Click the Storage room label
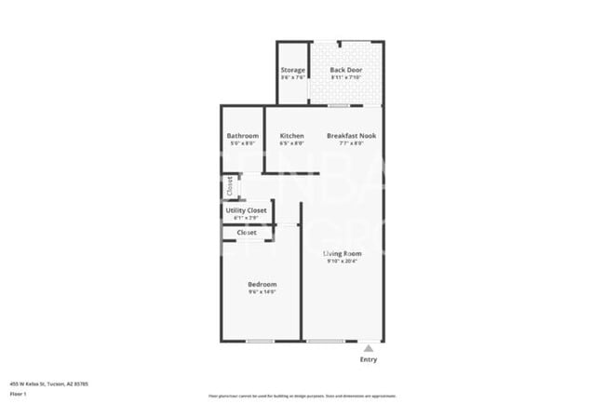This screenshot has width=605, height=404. [293, 70]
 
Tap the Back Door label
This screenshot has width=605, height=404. [346, 70]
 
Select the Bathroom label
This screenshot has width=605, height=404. [242, 136]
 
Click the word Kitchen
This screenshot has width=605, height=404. [292, 136]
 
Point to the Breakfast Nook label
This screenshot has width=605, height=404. [351, 136]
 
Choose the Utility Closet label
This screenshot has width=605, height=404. [247, 210]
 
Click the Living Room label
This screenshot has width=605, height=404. [343, 253]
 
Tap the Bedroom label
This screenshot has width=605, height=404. [262, 284]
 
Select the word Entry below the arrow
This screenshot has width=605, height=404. [369, 359]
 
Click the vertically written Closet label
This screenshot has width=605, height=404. [229, 186]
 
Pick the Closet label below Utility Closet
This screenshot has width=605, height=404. [247, 233]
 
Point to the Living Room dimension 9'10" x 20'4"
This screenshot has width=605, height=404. [343, 262]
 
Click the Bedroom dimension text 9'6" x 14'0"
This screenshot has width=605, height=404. [262, 292]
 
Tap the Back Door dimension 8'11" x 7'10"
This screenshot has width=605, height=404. [346, 77]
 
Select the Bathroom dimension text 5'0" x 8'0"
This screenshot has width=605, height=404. [242, 143]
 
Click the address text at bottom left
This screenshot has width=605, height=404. [48, 384]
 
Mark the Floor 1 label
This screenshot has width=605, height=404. [19, 393]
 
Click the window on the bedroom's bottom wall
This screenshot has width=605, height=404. [260, 342]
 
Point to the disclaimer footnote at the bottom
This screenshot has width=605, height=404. [302, 396]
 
